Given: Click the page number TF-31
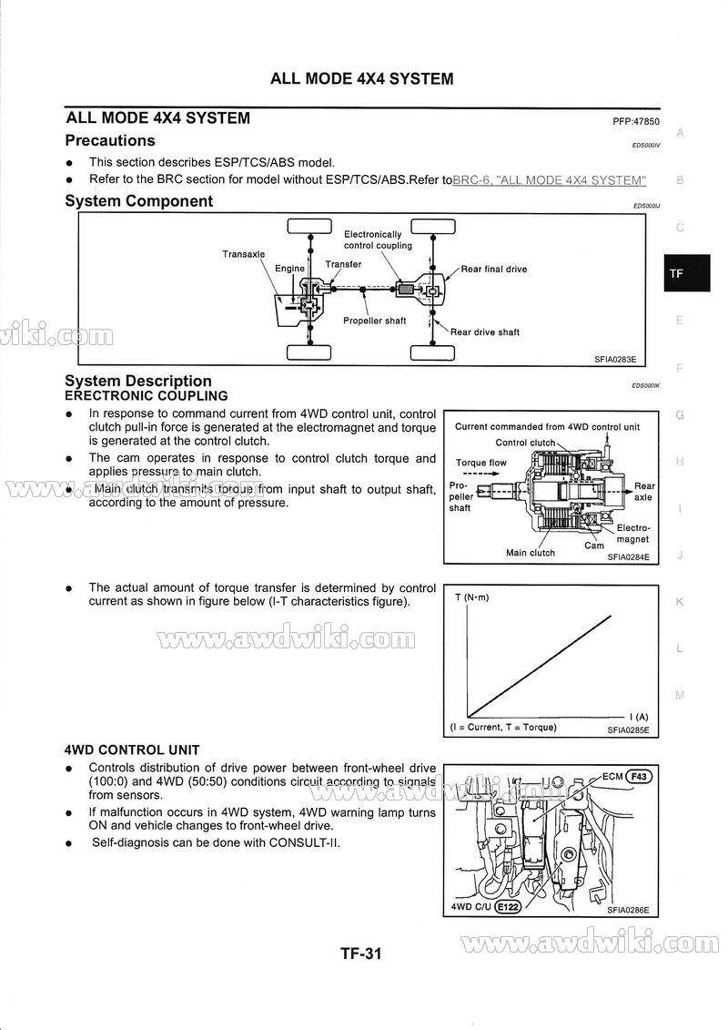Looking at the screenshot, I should (360, 954).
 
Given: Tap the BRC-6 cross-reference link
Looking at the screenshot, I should (549, 180).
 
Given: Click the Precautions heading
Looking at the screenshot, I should (110, 141).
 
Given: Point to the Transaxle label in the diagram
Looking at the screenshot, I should (244, 254).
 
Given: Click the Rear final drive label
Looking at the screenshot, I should (493, 269).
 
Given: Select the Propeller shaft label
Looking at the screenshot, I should (374, 321).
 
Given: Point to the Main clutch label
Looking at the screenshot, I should (531, 553).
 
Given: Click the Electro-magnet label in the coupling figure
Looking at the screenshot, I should (632, 534).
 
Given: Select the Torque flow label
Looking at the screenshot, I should (481, 463).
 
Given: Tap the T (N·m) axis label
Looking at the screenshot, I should (471, 597).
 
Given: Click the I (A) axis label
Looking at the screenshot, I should (639, 717).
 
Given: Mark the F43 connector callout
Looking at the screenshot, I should (639, 777).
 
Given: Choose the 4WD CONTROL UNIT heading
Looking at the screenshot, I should (132, 750).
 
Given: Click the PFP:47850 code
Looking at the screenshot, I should (636, 122).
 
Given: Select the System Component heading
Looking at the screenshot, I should (139, 201).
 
